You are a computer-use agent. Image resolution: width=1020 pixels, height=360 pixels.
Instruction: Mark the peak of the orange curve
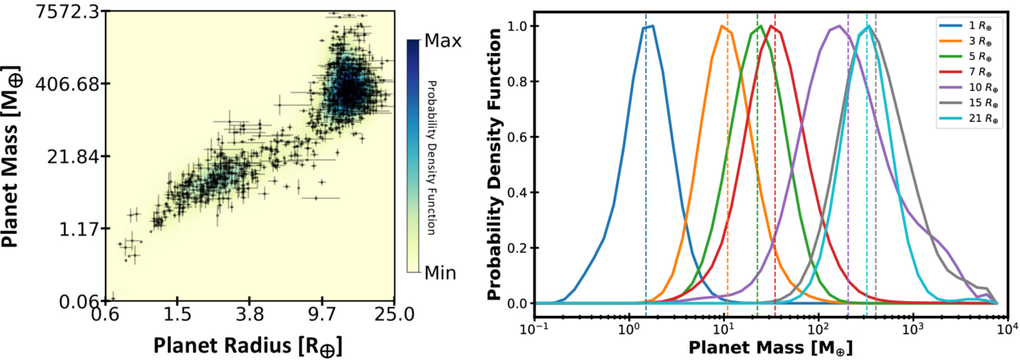click(x=722, y=26)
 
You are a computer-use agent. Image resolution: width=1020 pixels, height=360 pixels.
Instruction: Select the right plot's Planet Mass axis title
click(x=770, y=346)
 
